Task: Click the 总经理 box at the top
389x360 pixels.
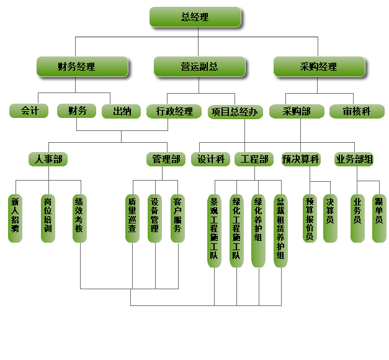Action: coord(195,17)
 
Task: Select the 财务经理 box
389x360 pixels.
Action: coord(82,66)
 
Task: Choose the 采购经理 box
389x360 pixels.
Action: coord(319,66)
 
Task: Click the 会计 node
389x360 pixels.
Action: coord(29,111)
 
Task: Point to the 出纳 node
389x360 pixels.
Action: coord(122,111)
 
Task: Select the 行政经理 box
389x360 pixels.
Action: coord(174,112)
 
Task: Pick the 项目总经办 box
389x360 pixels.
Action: coord(234,112)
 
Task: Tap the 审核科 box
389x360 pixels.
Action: coord(357,111)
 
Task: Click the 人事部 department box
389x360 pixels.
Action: coord(48,160)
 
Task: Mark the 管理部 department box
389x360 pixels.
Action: coord(166,160)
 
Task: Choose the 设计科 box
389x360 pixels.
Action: coord(210,160)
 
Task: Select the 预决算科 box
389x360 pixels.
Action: coord(300,160)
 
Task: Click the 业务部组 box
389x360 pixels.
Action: coord(354,160)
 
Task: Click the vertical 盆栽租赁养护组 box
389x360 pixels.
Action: coord(280,230)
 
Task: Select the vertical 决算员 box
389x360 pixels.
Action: coord(330,217)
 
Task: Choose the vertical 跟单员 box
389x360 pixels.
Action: coord(378,217)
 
